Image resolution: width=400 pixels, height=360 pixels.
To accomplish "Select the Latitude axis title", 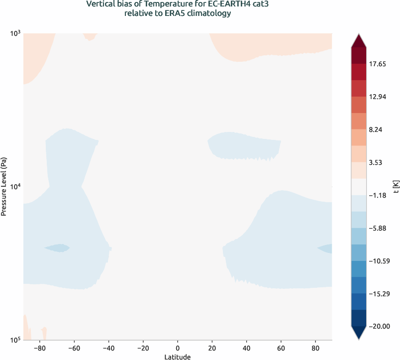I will [x=178, y=357].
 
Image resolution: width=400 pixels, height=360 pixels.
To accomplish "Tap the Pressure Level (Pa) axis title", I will [x=4, y=187].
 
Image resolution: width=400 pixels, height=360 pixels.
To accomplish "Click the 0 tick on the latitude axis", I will [x=178, y=348].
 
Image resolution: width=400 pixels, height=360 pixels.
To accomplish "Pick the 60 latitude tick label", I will [x=281, y=348].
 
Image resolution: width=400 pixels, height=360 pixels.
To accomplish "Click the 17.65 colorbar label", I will [x=378, y=64].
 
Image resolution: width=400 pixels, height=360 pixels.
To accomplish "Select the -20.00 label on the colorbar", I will [x=379, y=326].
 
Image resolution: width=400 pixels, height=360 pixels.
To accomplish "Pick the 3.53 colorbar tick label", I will [x=376, y=162].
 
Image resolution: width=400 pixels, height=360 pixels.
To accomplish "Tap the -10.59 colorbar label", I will [x=379, y=261].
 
